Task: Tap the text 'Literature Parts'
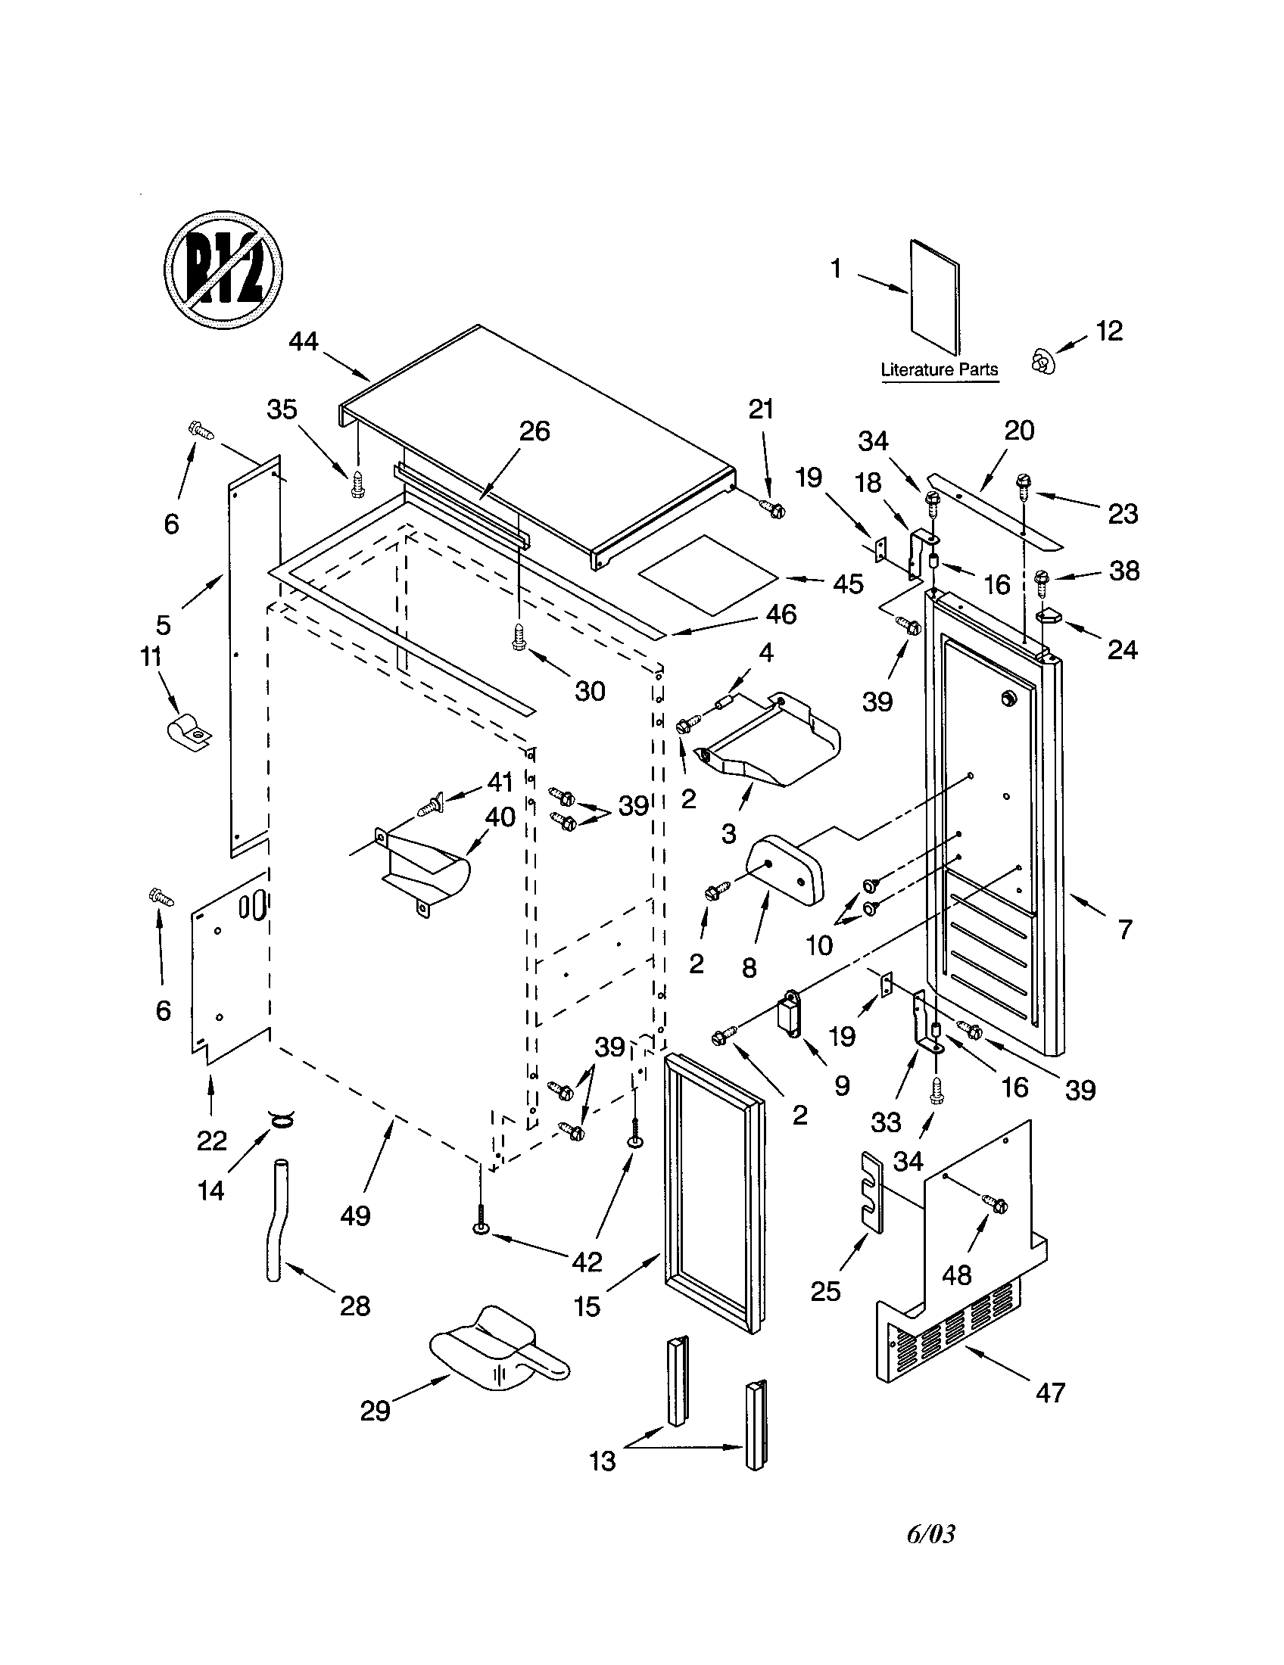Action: (x=940, y=370)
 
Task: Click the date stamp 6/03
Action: (x=930, y=1534)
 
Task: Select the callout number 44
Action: (x=304, y=341)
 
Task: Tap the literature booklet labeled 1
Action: (x=935, y=297)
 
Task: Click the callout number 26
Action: (x=534, y=431)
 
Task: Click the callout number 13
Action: (x=603, y=1461)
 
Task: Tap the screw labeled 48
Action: (x=996, y=1205)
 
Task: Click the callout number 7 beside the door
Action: (x=1125, y=930)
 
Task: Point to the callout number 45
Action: (x=848, y=584)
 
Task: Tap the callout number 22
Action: (x=211, y=1141)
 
